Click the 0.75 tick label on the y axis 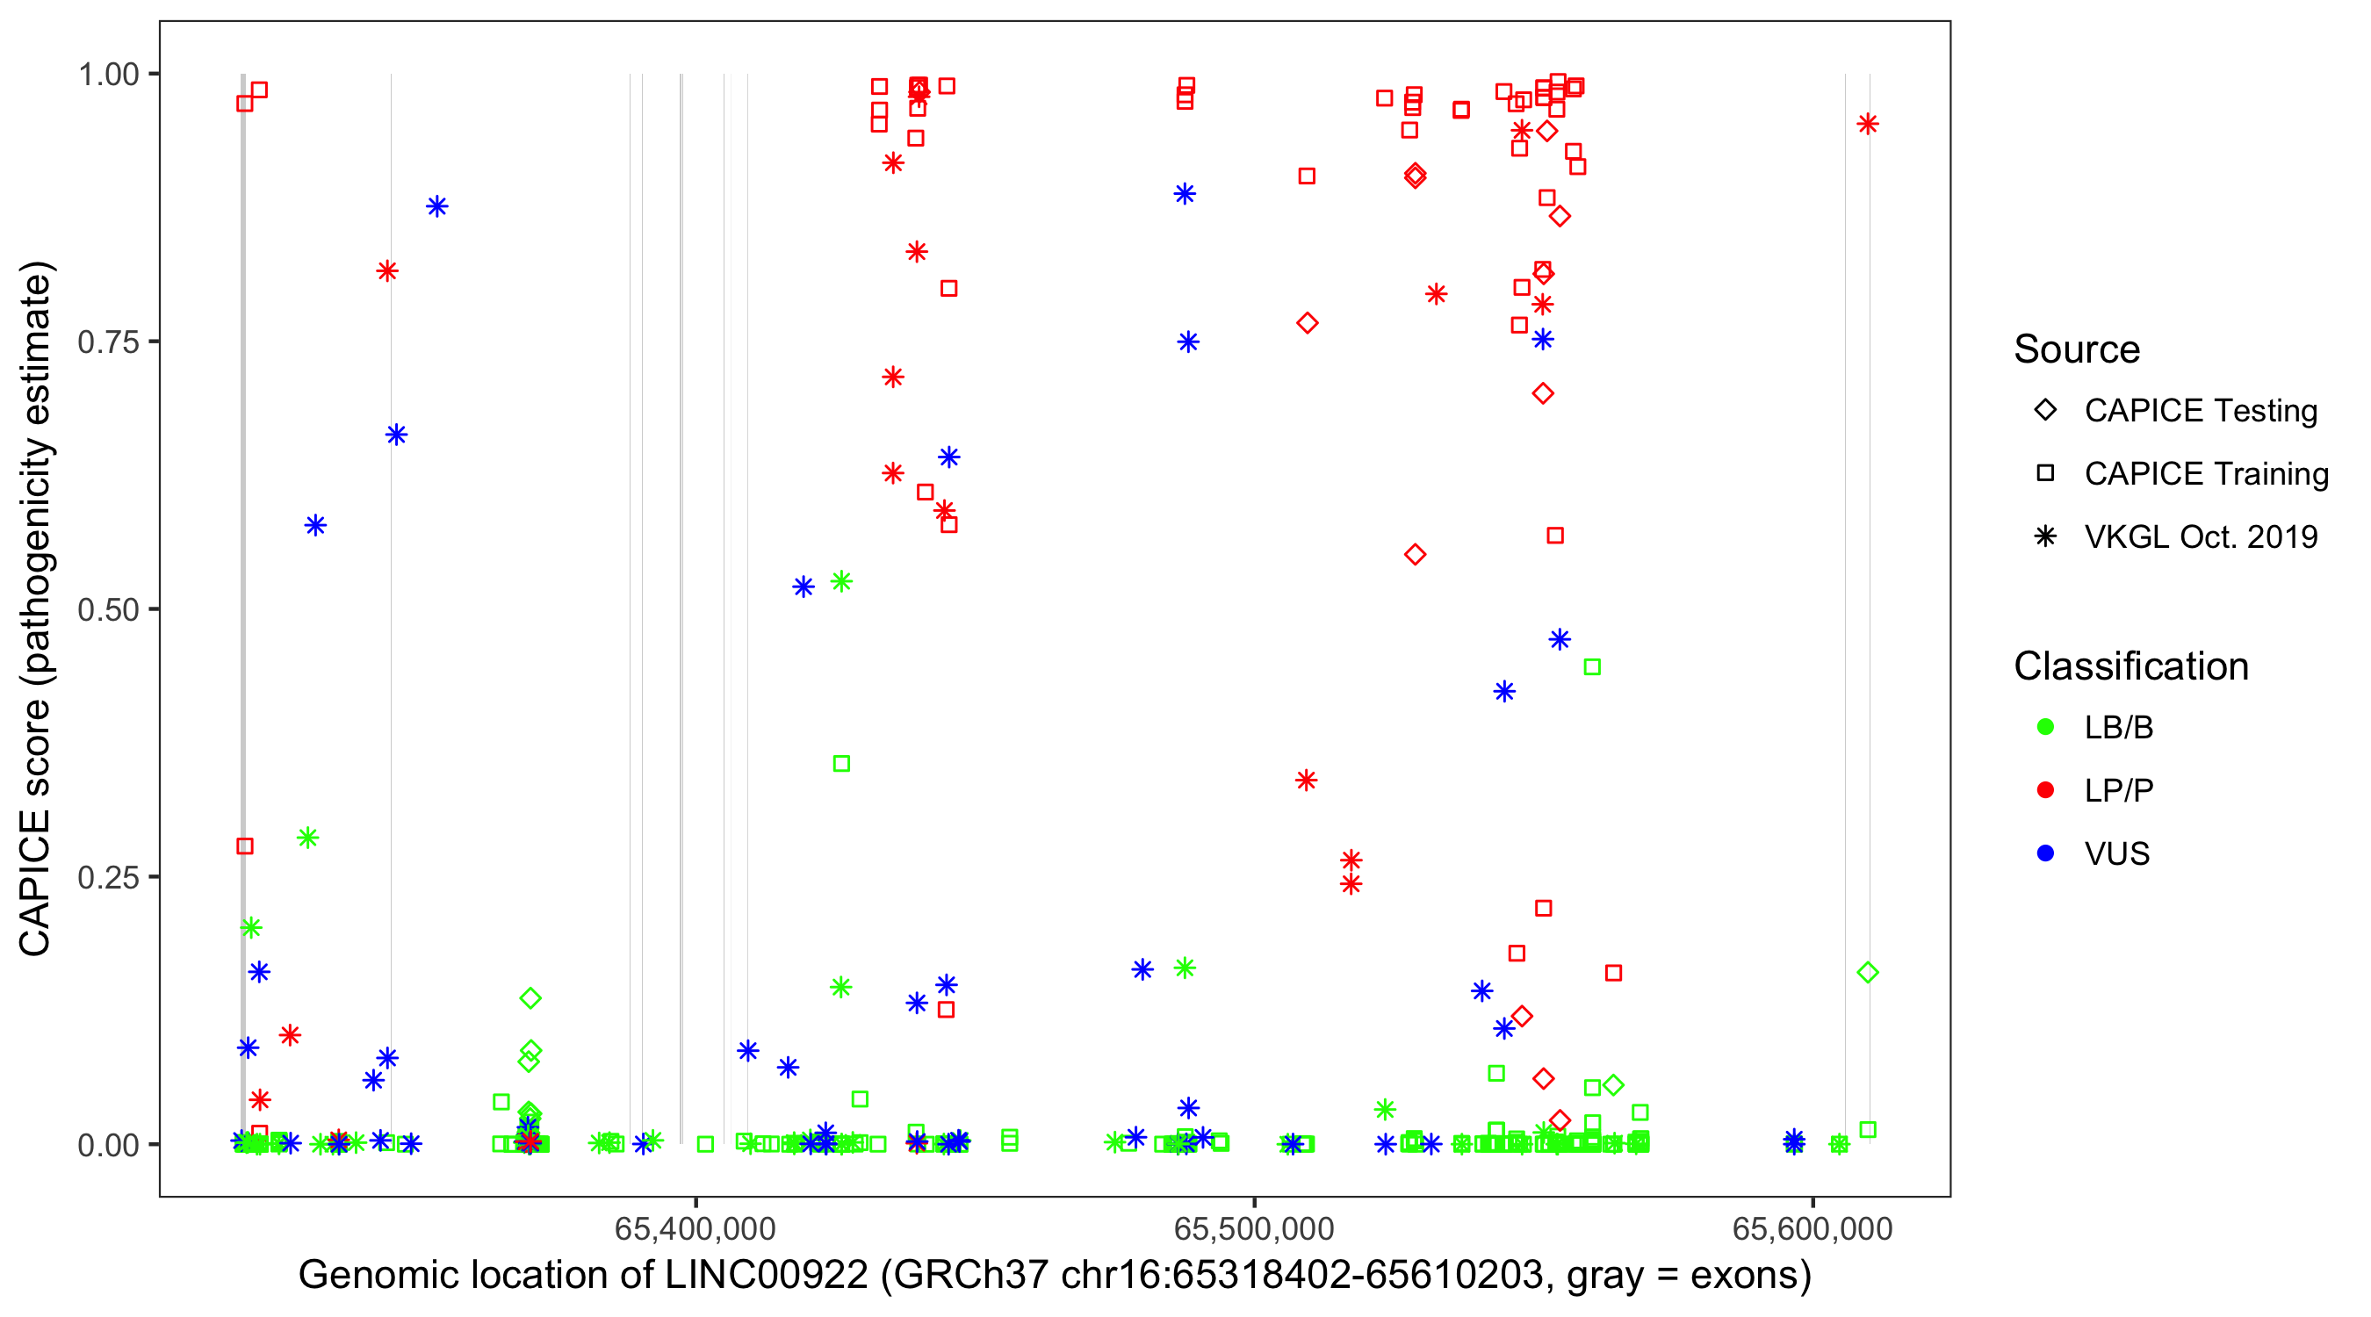[x=107, y=342]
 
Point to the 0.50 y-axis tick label [x=107, y=609]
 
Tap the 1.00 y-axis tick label [x=107, y=74]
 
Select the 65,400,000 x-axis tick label [x=695, y=1228]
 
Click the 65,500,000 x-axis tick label [x=1254, y=1228]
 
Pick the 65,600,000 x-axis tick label [x=1812, y=1228]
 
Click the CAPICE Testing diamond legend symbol [x=2045, y=411]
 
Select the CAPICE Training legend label [x=2206, y=474]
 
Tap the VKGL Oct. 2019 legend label [x=2201, y=537]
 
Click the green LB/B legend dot [x=2045, y=727]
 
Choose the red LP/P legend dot [x=2045, y=790]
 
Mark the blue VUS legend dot [x=2045, y=854]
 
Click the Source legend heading [x=2077, y=349]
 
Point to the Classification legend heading [x=2130, y=666]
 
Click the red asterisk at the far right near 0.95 [x=1868, y=125]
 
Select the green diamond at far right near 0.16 [x=1868, y=973]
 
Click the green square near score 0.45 [x=1592, y=667]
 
